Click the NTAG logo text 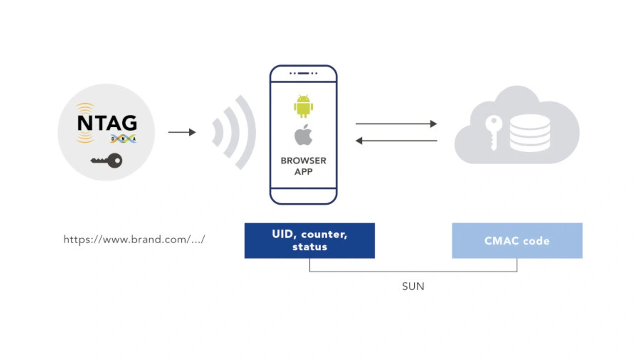107,123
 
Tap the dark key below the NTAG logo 107,161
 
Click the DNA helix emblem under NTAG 123,139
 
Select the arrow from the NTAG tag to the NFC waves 182,132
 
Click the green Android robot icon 303,106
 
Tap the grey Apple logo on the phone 303,135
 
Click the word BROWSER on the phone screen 303,161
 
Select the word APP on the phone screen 303,172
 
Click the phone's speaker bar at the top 303,73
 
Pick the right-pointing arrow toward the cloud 396,124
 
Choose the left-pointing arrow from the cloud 396,141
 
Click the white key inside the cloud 493,133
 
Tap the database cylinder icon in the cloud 530,133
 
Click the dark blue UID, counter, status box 310,241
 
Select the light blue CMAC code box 517,241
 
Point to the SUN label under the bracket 413,286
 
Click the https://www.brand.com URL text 134,239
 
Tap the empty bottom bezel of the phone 303,196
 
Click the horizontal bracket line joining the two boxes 413,271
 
